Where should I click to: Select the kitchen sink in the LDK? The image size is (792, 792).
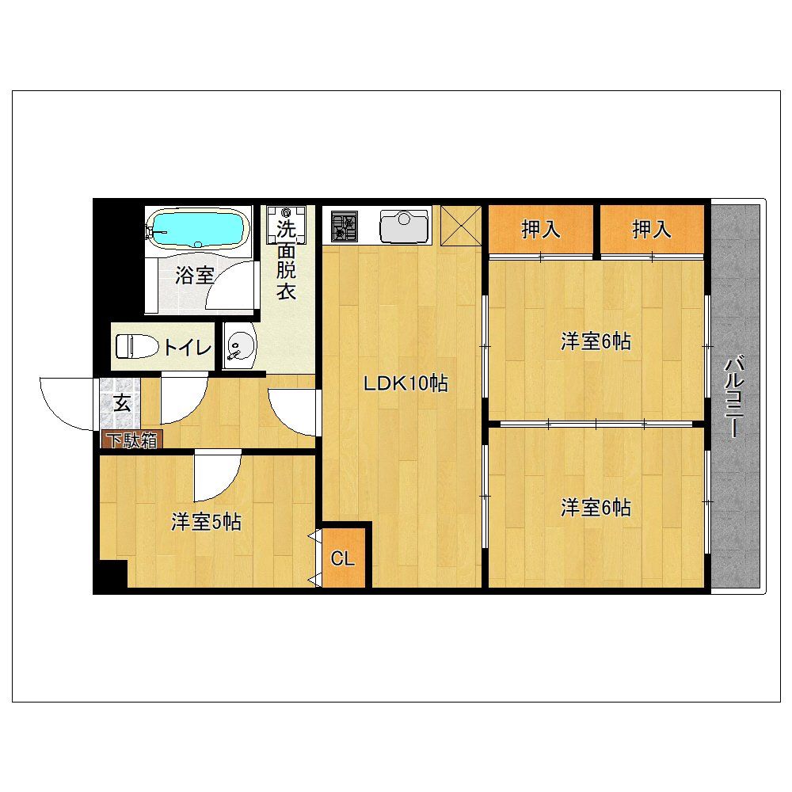[x=404, y=225]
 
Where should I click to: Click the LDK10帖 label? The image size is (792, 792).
[x=406, y=384]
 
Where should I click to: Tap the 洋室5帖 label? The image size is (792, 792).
[x=207, y=522]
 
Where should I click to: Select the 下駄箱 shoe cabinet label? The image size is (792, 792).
[x=131, y=441]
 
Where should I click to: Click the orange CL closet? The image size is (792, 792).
[x=343, y=558]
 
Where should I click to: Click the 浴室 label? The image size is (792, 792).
[x=195, y=276]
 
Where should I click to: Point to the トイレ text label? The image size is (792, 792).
[x=188, y=347]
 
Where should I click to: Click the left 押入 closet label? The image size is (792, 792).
[x=541, y=230]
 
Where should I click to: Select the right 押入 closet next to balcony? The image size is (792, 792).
[x=652, y=230]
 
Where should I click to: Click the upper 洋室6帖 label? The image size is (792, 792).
[x=596, y=342]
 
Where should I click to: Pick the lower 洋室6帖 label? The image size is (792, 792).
[x=596, y=507]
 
